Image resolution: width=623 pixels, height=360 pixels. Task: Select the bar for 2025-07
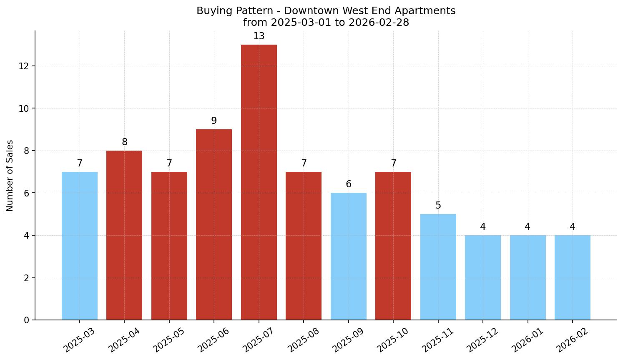pos(259,182)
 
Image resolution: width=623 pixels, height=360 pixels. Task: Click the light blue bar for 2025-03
pos(80,246)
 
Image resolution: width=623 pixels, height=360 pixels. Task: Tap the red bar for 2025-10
pos(393,246)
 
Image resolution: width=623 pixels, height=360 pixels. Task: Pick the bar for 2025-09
pos(349,256)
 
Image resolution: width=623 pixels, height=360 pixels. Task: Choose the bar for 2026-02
pos(573,277)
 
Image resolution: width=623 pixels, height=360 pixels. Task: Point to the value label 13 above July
pos(259,36)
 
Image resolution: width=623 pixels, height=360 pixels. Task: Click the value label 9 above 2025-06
pos(214,121)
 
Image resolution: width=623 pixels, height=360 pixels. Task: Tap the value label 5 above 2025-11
pos(438,206)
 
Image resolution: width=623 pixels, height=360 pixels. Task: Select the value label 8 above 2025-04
pos(124,142)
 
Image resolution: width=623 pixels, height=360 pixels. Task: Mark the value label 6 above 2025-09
pos(349,184)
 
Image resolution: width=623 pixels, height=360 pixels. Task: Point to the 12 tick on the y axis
pos(24,66)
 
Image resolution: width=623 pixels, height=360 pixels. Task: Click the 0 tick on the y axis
pos(27,320)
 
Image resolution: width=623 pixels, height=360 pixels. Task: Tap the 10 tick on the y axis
pos(24,108)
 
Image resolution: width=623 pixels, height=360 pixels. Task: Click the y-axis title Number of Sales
pos(10,176)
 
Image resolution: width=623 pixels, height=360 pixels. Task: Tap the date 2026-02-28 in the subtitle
pos(379,23)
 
